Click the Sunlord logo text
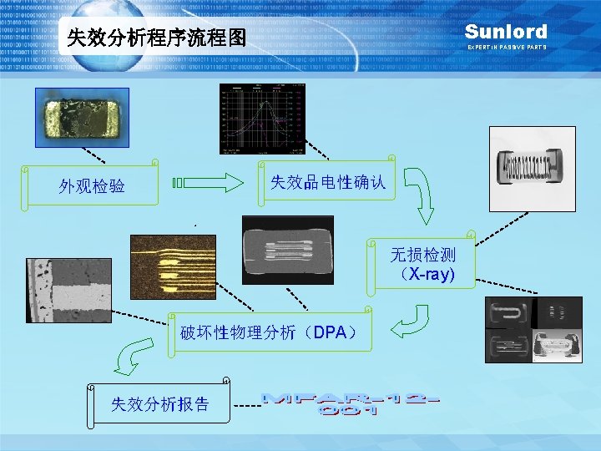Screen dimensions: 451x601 (506, 32)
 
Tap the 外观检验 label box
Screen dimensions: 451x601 (92, 185)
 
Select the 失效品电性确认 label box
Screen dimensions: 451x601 (328, 181)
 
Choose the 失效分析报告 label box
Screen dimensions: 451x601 (160, 405)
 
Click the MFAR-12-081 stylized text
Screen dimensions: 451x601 (351, 404)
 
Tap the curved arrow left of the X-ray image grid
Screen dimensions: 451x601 (410, 322)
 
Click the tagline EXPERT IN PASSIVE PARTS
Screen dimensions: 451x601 (506, 48)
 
